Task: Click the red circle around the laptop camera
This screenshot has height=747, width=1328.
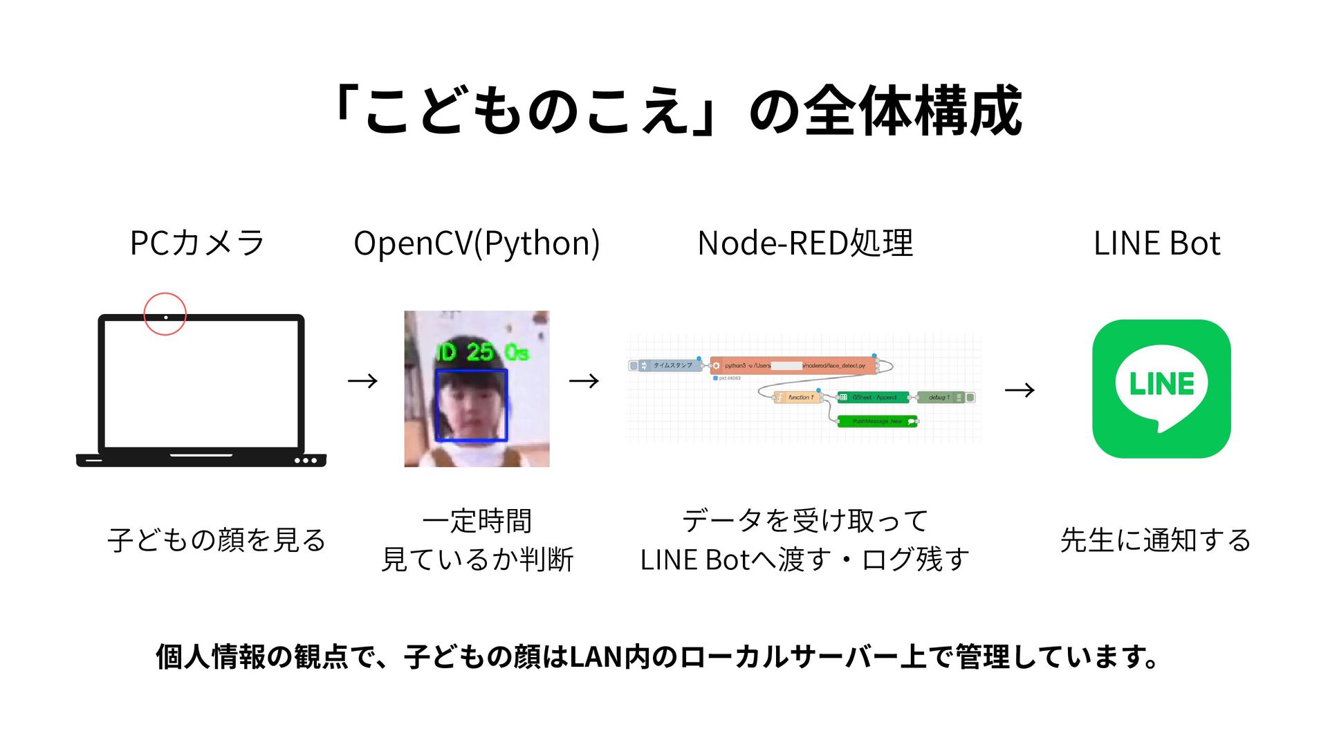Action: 165,314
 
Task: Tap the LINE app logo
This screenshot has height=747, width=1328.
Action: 1161,389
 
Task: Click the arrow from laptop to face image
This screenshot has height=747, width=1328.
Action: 362,381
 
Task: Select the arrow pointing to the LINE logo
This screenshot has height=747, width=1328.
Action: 1020,391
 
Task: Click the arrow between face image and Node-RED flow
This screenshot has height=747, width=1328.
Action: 584,381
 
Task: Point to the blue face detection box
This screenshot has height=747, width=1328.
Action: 472,405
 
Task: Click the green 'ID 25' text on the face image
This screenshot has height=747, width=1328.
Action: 466,352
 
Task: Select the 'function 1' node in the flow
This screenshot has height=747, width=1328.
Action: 797,397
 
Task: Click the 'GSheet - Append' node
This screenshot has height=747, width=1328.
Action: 873,397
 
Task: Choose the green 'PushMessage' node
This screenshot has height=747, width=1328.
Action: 877,421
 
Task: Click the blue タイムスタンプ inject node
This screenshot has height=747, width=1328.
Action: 667,365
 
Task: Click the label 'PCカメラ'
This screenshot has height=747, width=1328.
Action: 197,243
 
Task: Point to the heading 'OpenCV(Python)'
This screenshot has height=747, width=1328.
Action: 477,243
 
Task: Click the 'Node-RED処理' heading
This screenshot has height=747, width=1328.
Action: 805,243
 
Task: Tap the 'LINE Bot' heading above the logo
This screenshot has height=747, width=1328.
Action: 1156,243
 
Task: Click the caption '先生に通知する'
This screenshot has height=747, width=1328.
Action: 1155,540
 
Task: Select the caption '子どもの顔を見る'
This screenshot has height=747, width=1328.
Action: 216,540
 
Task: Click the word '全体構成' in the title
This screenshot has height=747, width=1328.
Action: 913,111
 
